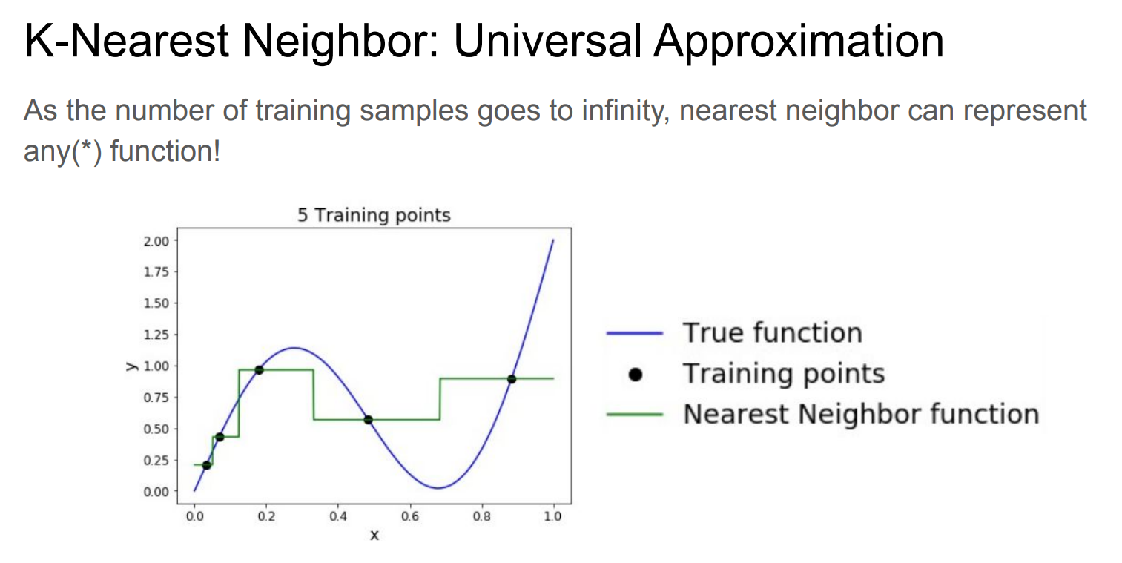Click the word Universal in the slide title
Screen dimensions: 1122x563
[547, 41]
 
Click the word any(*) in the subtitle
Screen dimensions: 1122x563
[62, 151]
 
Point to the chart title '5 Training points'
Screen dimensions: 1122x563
[374, 215]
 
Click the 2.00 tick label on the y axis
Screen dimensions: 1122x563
[156, 241]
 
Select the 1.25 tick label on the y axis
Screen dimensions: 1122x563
[156, 335]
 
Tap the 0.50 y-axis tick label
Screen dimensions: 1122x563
[156, 429]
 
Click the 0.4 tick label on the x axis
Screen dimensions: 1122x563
[338, 516]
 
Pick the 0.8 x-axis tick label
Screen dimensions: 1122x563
[482, 516]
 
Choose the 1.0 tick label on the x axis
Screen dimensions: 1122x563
[553, 516]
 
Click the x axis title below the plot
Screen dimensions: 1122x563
[374, 536]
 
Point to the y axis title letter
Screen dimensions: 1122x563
[132, 366]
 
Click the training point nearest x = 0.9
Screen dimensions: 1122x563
[512, 379]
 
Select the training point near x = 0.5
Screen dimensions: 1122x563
[368, 420]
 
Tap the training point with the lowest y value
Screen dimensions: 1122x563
[206, 465]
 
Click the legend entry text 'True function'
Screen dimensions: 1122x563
[773, 332]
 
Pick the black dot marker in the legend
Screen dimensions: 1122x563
[635, 374]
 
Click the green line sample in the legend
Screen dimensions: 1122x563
[635, 415]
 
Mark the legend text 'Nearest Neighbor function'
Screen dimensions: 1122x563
[861, 414]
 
